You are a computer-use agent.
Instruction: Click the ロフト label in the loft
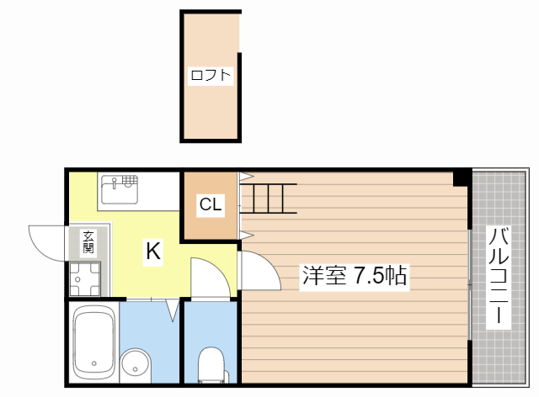click(x=211, y=76)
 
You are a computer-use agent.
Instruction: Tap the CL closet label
click(x=211, y=204)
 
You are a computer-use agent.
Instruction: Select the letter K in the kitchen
click(x=152, y=251)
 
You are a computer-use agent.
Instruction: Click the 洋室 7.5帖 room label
click(x=355, y=274)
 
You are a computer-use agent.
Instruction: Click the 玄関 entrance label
click(x=88, y=242)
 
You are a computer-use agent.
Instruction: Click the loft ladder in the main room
click(x=269, y=198)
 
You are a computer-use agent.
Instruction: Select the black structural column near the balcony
click(x=462, y=177)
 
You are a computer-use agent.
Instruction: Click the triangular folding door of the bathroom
click(x=173, y=310)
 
